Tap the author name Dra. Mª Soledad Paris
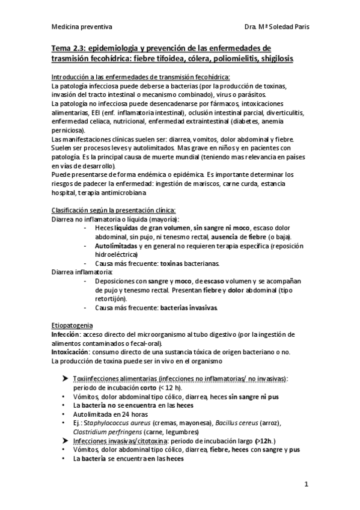pos(277,27)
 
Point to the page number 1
pos(306,483)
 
